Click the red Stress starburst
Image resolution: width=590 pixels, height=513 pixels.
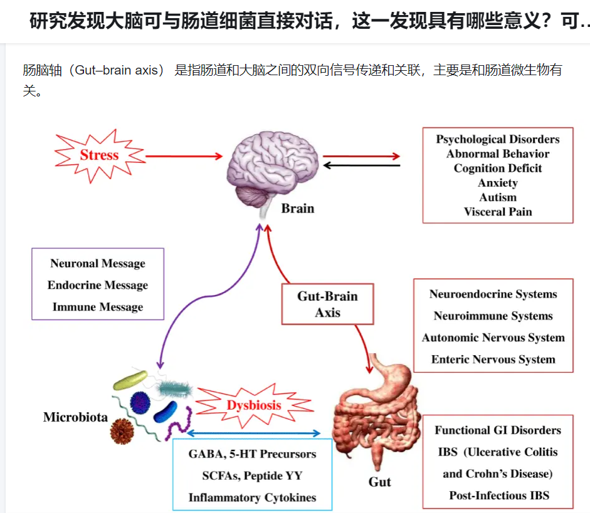pyautogui.click(x=99, y=155)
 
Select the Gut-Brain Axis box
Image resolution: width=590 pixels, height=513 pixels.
pyautogui.click(x=327, y=304)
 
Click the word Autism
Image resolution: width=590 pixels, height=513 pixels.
pyautogui.click(x=498, y=197)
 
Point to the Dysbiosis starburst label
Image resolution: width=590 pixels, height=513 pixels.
pyautogui.click(x=254, y=405)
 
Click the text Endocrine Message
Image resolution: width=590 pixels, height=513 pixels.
pyautogui.click(x=98, y=285)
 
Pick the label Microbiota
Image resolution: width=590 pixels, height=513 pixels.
pyautogui.click(x=75, y=417)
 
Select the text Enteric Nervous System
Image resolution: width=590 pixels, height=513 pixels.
pyautogui.click(x=493, y=360)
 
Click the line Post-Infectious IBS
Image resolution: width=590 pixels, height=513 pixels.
pyautogui.click(x=499, y=495)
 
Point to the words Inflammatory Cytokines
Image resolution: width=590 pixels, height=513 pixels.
pyautogui.click(x=252, y=498)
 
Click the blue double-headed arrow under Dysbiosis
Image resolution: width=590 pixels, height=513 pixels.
pyautogui.click(x=253, y=433)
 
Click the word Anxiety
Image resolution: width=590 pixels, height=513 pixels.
pyautogui.click(x=498, y=183)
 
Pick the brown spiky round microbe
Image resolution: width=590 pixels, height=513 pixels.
pyautogui.click(x=123, y=432)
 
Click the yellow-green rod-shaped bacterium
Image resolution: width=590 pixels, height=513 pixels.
pyautogui.click(x=130, y=380)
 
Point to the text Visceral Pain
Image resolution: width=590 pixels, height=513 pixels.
pyautogui.click(x=498, y=212)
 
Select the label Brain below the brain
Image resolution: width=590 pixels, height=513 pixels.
pyautogui.click(x=297, y=209)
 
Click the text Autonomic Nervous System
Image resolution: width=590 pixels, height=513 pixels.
pyautogui.click(x=493, y=338)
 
